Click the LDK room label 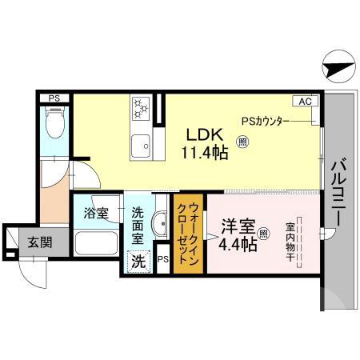202,134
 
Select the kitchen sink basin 142,145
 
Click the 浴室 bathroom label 98,214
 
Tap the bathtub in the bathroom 96,243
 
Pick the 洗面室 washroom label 138,226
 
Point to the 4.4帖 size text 238,246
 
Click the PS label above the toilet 54,98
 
